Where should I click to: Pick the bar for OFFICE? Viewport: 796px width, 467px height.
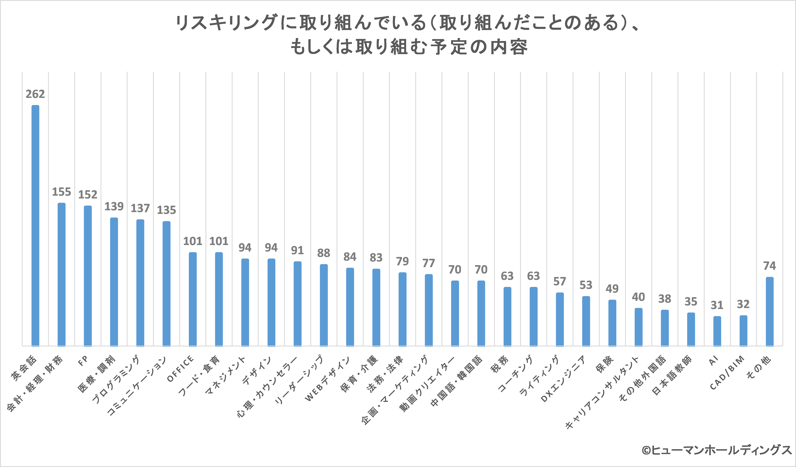click(193, 299)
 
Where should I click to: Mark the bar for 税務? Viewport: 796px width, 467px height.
click(507, 316)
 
